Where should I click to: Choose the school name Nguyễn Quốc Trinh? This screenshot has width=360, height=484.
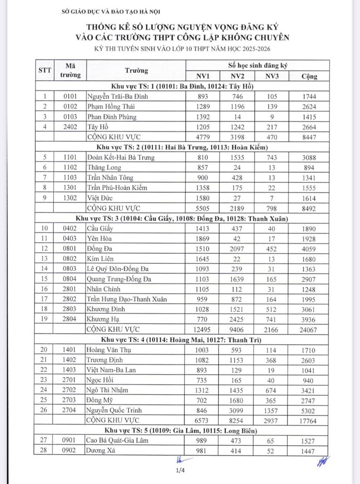click(x=114, y=410)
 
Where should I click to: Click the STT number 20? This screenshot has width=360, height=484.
click(x=44, y=350)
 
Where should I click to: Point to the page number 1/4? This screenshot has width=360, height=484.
click(x=180, y=470)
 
